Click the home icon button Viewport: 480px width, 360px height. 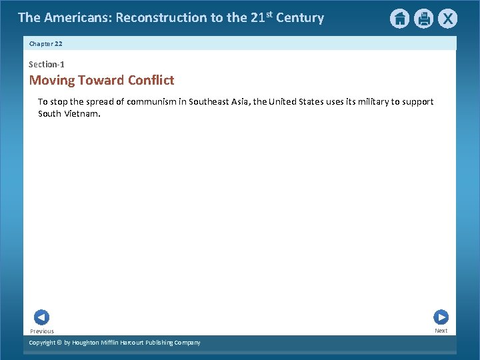(399, 19)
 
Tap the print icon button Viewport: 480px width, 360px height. (423, 19)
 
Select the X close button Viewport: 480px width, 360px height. (447, 19)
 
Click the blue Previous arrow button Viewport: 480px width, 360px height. (41, 317)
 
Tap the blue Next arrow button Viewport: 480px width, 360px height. (441, 317)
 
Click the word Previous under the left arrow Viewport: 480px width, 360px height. (42, 331)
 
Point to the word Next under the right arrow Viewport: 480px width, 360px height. (441, 331)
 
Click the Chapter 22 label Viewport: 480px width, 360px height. (45, 43)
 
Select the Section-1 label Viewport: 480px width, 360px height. (47, 64)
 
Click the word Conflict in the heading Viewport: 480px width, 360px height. (151, 81)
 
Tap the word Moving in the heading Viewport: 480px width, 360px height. (51, 81)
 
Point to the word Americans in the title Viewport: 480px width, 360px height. (76, 18)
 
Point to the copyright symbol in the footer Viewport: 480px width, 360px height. (59, 343)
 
